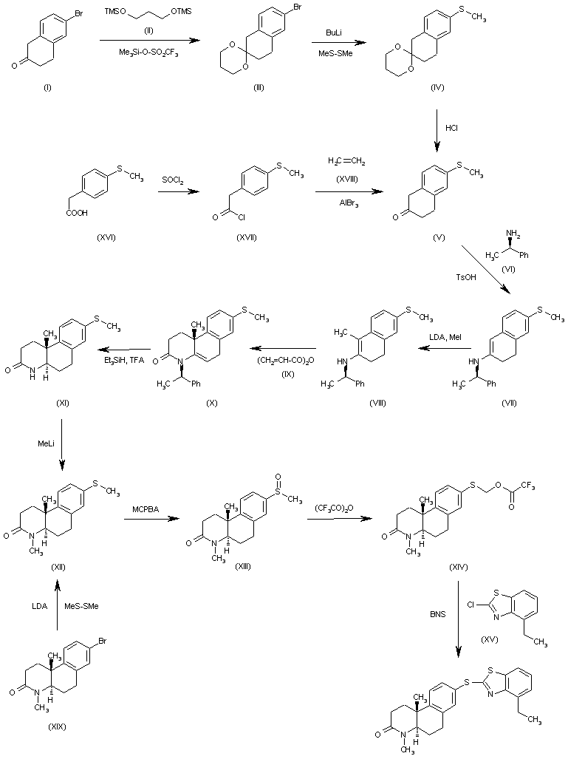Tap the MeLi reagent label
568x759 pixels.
click(x=43, y=443)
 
